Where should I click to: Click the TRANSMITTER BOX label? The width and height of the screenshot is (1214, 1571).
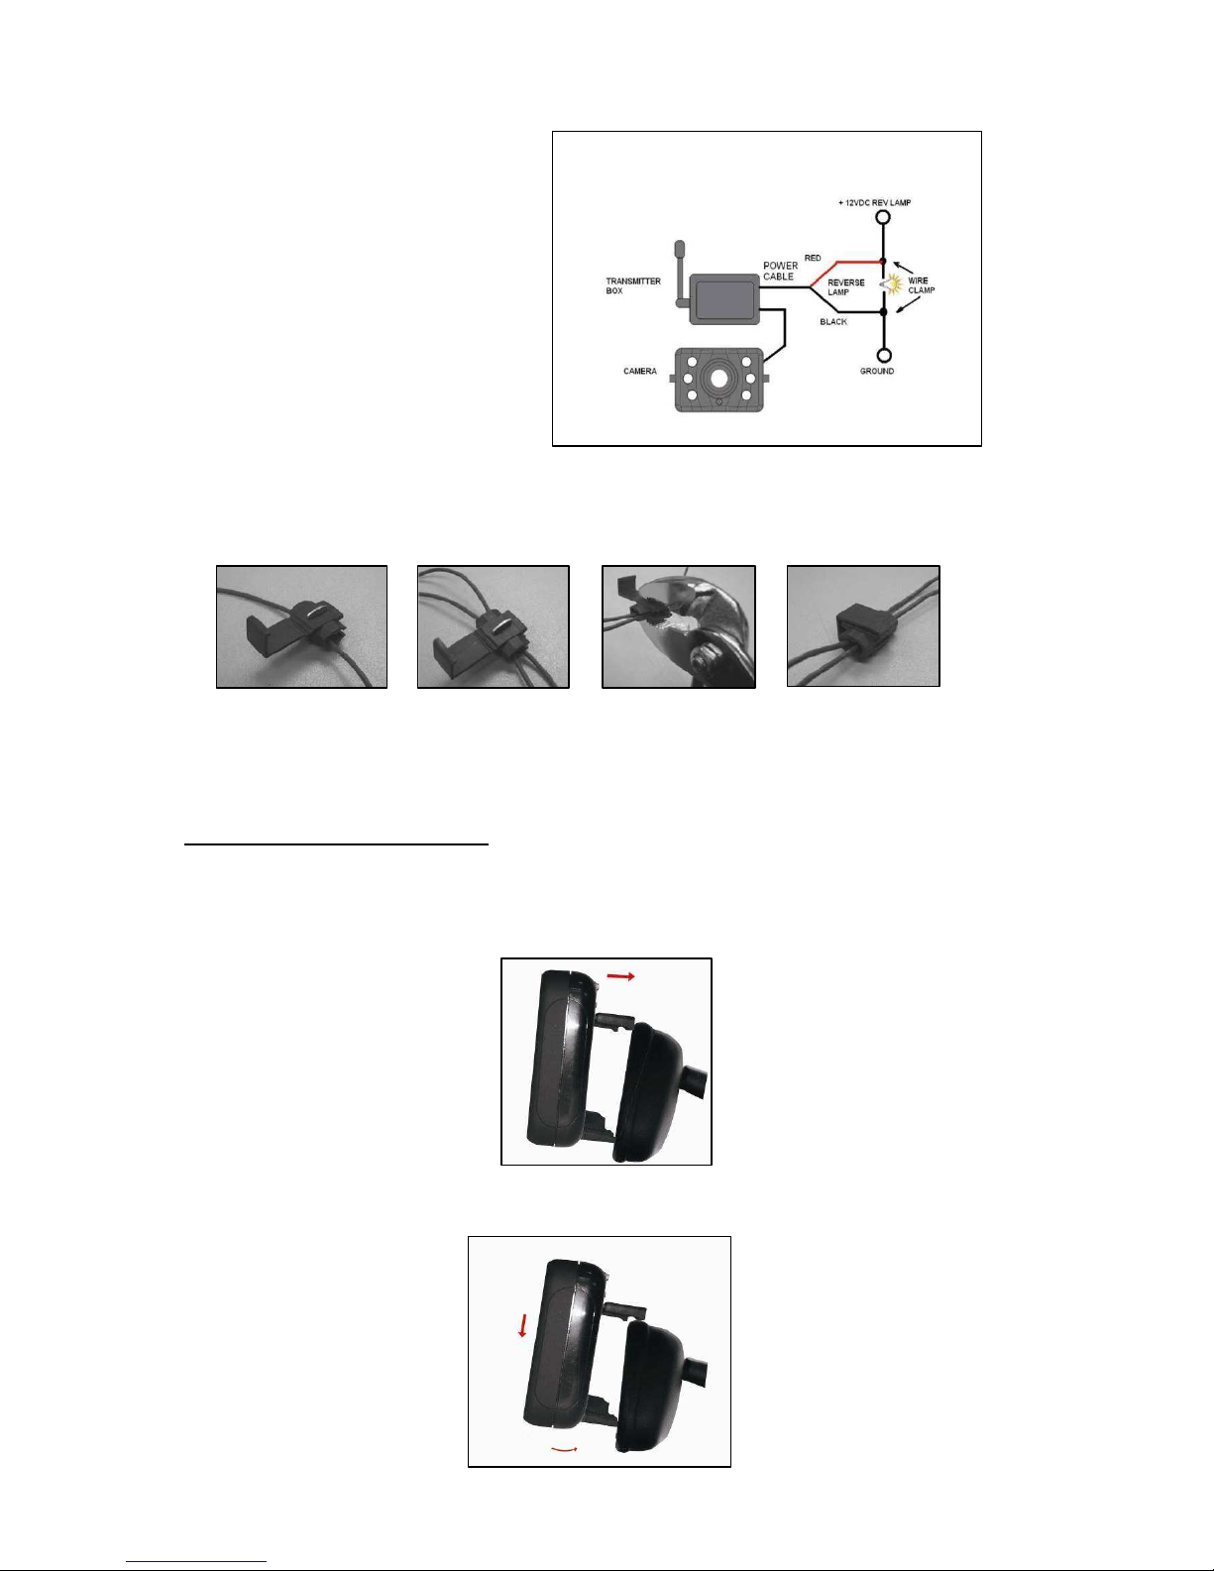pos(633,285)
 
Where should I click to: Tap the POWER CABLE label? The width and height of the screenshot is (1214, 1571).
pos(781,272)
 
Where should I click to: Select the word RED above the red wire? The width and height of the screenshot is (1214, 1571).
pos(813,258)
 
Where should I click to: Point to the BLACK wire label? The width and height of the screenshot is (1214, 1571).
pos(833,322)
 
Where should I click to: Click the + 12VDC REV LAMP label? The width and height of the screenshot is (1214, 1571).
pos(874,202)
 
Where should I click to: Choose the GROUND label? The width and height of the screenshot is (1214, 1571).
pos(876,371)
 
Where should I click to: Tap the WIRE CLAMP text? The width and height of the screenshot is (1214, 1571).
pos(922,284)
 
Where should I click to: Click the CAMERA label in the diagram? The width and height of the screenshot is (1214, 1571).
pos(639,371)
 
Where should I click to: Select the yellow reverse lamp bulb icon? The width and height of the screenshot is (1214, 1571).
pos(893,284)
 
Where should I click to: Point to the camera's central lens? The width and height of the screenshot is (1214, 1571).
pos(718,379)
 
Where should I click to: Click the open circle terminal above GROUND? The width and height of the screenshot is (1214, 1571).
pos(883,356)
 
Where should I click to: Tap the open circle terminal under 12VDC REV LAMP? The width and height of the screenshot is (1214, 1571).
pos(882,217)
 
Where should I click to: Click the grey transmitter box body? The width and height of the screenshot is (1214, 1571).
pos(724,298)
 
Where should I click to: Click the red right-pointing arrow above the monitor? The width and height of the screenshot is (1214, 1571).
pos(620,976)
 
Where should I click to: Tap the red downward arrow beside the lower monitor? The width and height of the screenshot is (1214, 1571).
pos(521,1325)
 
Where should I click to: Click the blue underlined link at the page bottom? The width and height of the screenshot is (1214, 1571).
pos(196,1562)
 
